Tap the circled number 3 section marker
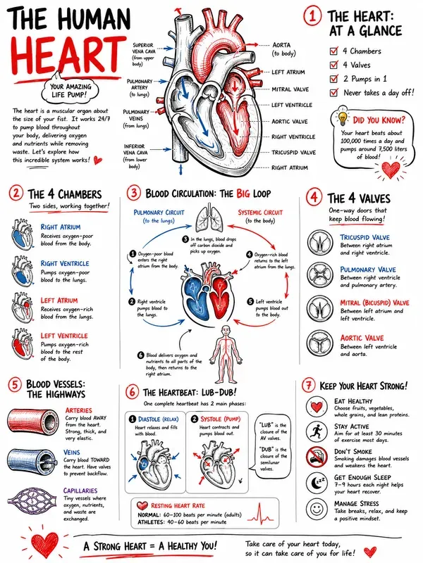pyautogui.click(x=134, y=193)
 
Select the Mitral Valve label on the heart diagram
pyautogui.click(x=290, y=89)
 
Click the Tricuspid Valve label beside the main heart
pyautogui.click(x=293, y=152)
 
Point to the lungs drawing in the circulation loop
pyautogui.click(x=209, y=218)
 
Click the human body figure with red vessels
pyautogui.click(x=226, y=355)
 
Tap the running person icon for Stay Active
pyautogui.click(x=317, y=431)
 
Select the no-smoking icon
pyautogui.click(x=317, y=457)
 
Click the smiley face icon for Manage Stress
pyautogui.click(x=317, y=509)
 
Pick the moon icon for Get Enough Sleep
pyautogui.click(x=317, y=483)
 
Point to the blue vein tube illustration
pyautogui.click(x=32, y=462)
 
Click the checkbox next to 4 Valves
pyautogui.click(x=333, y=64)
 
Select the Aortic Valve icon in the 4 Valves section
pyautogui.click(x=319, y=342)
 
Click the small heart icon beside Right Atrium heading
pyautogui.click(x=23, y=234)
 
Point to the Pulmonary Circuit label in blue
pyautogui.click(x=159, y=213)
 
